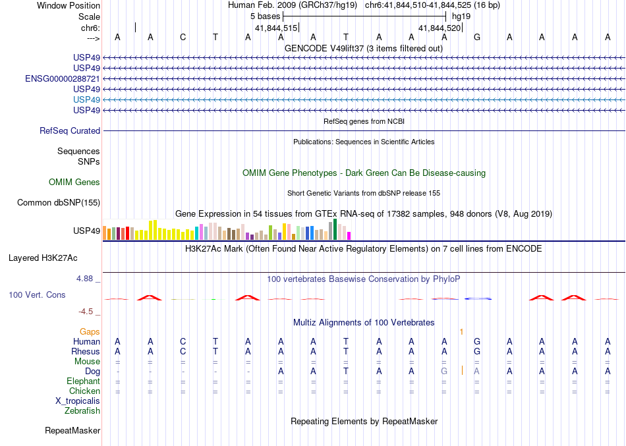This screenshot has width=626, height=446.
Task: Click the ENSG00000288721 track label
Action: [x=63, y=78]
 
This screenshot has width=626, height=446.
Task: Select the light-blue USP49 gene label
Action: [x=87, y=99]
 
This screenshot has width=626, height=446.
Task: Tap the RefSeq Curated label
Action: [x=70, y=131]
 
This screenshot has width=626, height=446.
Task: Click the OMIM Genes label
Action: [x=74, y=182]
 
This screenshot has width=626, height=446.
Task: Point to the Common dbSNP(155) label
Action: [x=59, y=202]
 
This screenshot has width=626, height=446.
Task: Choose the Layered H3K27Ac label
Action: [x=54, y=258]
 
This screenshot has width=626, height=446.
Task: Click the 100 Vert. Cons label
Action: [x=38, y=295]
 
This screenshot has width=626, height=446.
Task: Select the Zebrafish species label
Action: [x=82, y=410]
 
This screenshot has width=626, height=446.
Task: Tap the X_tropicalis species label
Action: [x=78, y=401]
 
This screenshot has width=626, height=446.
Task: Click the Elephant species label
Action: [x=83, y=381]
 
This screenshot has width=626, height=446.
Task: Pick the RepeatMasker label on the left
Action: [x=72, y=431]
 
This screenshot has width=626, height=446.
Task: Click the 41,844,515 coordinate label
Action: [x=277, y=28]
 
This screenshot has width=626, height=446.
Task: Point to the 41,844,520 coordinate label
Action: [x=440, y=28]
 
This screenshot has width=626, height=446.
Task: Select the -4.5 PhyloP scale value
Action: [x=87, y=312]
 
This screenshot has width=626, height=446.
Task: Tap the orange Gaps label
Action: [x=90, y=331]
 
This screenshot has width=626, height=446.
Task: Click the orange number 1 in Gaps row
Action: [x=462, y=331]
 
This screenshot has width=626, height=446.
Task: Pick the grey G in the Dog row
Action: [x=444, y=371]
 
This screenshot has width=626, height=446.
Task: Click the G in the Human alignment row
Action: [x=477, y=341]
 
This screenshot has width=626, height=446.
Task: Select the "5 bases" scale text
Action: [x=264, y=15]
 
